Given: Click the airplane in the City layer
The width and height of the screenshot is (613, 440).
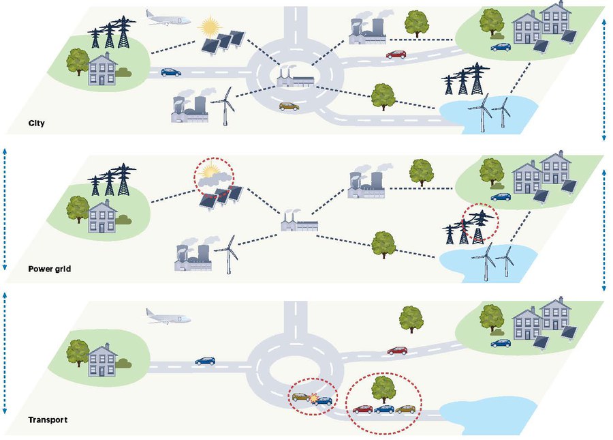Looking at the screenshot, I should [168, 18].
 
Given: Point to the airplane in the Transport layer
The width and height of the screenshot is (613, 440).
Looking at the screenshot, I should [167, 315].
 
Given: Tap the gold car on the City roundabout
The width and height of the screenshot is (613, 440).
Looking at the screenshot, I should [289, 106].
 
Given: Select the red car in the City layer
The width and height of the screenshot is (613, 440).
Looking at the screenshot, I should [396, 53].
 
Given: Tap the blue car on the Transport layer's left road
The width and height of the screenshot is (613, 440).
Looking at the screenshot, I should [205, 360].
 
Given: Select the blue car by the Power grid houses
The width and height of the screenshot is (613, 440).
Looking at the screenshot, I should [501, 196].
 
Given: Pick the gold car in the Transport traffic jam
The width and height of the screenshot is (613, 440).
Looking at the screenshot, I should [406, 409].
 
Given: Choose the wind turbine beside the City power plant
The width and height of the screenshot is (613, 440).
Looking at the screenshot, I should [223, 105].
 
